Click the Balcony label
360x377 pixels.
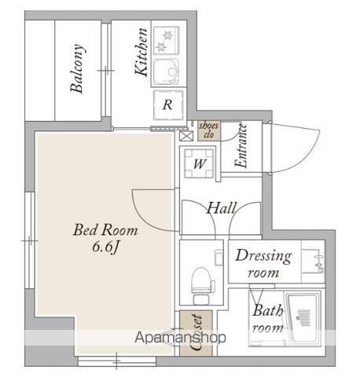click(x=78, y=69)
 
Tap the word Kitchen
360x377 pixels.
click(x=141, y=52)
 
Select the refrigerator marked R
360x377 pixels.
click(x=168, y=104)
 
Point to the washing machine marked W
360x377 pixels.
click(x=199, y=163)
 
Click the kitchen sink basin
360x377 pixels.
click(x=167, y=71)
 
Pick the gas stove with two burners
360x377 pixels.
click(x=167, y=40)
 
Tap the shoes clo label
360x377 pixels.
click(x=209, y=130)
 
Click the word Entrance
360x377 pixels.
click(x=241, y=145)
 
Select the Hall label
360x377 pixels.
click(x=222, y=208)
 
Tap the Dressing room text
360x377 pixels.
click(x=263, y=263)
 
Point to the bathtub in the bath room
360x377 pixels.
click(x=303, y=318)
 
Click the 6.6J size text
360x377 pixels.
click(x=105, y=247)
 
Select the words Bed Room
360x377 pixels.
click(x=105, y=230)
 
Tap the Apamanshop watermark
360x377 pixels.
click(x=180, y=338)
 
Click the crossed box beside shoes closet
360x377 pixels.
click(x=186, y=136)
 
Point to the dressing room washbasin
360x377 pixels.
click(x=314, y=261)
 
